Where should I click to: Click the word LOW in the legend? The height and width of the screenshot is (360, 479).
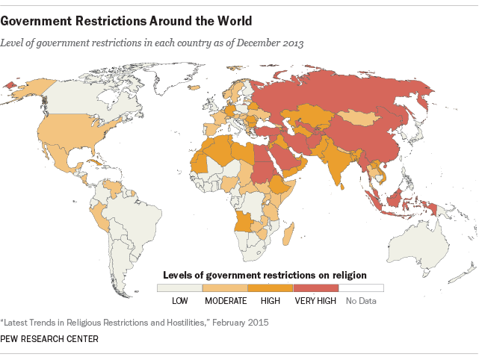tap(179, 300)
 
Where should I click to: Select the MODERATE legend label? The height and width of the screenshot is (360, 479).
tap(226, 300)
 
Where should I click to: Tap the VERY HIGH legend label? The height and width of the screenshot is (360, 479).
tap(315, 300)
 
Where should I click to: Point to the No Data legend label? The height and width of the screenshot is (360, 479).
tap(361, 300)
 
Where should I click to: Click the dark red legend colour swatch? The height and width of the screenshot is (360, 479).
tap(316, 288)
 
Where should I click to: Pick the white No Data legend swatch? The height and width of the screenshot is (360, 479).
tap(361, 288)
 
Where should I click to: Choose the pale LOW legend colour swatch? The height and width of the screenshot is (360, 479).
tap(179, 288)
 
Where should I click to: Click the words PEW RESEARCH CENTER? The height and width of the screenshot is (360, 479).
tap(50, 338)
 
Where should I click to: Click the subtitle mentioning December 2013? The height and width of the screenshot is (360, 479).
tap(152, 43)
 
